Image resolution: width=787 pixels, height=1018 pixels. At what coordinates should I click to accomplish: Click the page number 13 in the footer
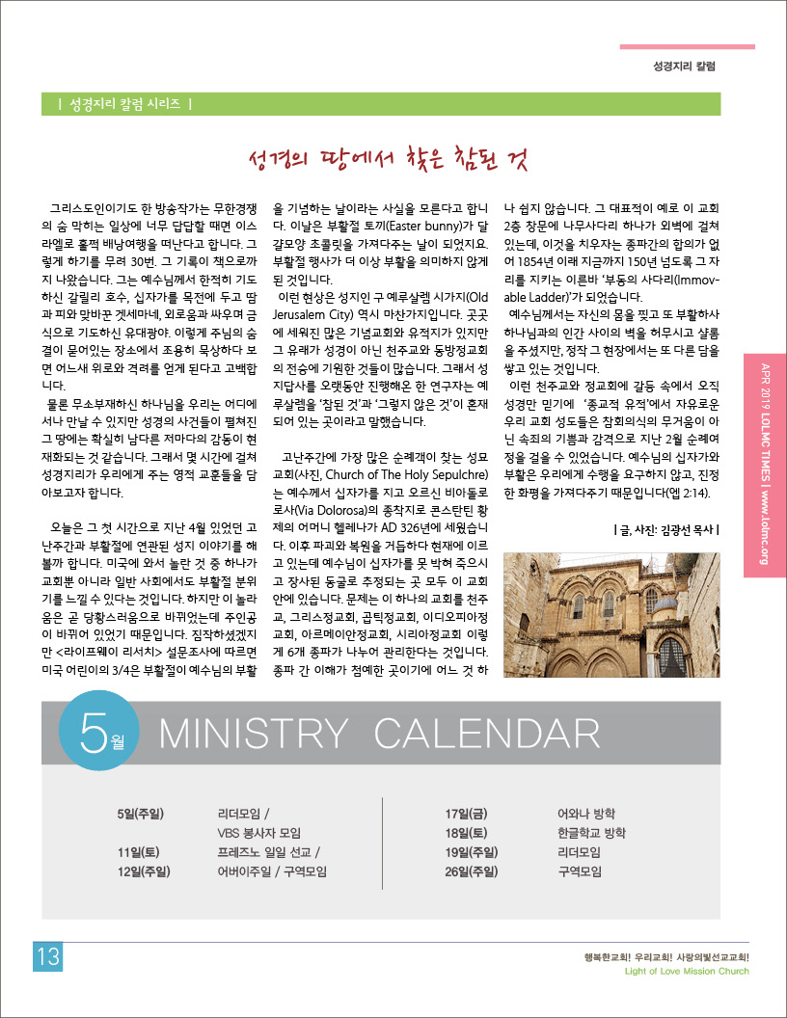tap(48, 957)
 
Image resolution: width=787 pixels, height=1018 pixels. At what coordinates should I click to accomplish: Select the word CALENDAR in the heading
tap(487, 735)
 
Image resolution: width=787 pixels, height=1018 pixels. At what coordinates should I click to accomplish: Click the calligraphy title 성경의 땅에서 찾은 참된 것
tap(388, 160)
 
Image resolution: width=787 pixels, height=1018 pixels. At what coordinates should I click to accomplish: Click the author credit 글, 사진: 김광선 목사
tap(666, 528)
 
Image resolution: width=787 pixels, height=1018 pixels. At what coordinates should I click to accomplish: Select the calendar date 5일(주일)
tap(140, 814)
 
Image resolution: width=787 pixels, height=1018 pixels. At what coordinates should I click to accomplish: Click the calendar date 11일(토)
tap(138, 852)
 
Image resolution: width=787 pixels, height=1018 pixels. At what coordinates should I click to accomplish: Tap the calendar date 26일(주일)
tap(471, 871)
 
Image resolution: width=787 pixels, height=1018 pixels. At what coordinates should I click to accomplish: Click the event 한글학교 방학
tap(592, 833)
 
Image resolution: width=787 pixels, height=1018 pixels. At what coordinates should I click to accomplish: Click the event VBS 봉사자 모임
tap(259, 833)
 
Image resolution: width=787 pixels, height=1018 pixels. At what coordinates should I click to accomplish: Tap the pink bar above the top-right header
tap(687, 46)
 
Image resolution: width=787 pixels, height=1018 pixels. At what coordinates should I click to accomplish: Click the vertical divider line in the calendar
tap(383, 843)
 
